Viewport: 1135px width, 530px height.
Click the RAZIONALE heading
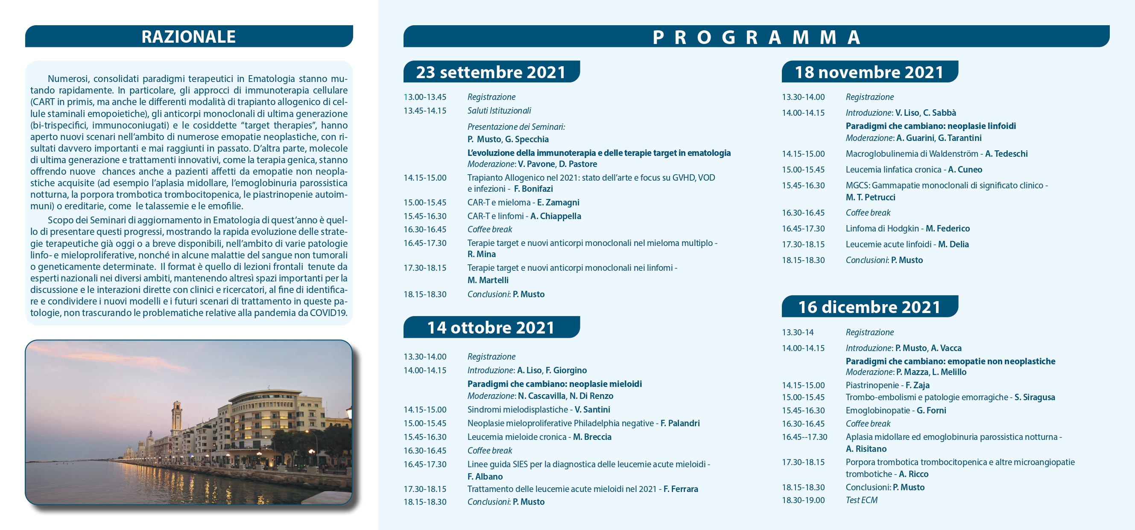(x=189, y=37)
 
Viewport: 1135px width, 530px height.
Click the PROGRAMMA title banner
(x=756, y=37)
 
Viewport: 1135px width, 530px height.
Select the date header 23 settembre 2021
(x=491, y=72)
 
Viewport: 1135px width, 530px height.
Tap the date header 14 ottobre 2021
(x=491, y=327)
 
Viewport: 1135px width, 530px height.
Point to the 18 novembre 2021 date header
(x=870, y=72)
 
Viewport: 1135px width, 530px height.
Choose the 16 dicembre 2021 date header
(x=870, y=307)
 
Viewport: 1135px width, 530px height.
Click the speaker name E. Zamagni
(x=558, y=202)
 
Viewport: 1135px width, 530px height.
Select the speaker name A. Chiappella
(x=556, y=216)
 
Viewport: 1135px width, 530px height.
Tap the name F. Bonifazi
(x=533, y=189)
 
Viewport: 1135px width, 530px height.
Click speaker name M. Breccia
(x=592, y=436)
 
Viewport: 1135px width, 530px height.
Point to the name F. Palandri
(x=680, y=423)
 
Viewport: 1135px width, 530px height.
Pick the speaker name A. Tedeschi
(x=1006, y=154)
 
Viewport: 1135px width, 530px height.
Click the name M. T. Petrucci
(x=871, y=197)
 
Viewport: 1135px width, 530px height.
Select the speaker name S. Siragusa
(x=1035, y=397)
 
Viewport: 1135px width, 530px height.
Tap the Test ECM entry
(x=862, y=500)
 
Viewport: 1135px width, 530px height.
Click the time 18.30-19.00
(x=803, y=500)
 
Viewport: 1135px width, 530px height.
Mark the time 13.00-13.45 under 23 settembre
(x=425, y=97)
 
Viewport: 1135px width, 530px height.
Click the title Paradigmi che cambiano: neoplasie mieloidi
(x=555, y=384)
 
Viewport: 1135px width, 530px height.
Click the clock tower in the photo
(x=177, y=416)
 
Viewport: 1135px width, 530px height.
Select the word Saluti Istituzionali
(x=499, y=111)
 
